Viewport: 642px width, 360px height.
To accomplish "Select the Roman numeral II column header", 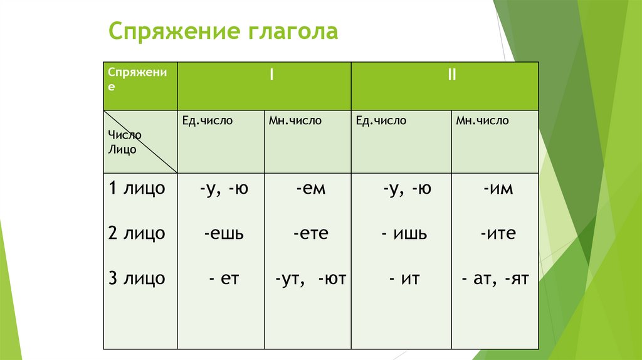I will [451, 75].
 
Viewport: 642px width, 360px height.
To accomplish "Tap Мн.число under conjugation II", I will [482, 120].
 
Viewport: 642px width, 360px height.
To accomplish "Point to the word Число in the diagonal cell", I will [124, 135].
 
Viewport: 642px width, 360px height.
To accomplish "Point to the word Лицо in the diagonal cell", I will [122, 149].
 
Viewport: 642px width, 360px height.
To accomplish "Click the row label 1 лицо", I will [136, 188].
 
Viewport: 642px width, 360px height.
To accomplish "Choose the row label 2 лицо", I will [136, 233].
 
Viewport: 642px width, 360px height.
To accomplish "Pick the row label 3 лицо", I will [136, 278].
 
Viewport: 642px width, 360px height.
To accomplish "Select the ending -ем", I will [311, 188].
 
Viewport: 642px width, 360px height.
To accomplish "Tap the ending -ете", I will [310, 234].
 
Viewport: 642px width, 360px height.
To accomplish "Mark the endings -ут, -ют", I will [310, 278].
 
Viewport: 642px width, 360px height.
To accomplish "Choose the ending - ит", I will [403, 278].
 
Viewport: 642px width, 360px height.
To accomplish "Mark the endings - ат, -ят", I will [495, 278].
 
